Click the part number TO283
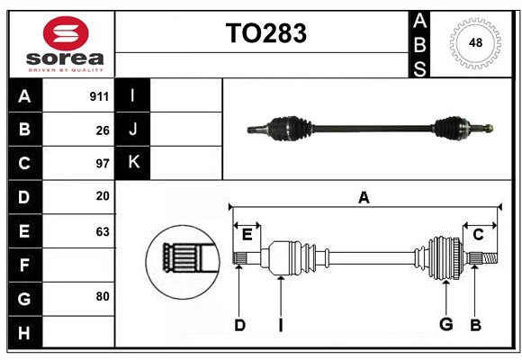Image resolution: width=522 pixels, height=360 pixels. pos(265,33)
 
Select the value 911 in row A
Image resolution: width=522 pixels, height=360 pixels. pos(99,96)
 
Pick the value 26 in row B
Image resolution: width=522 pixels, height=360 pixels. pos(103,130)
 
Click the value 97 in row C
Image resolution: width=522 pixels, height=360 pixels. pos(103,164)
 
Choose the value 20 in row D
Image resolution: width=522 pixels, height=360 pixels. pos(103,196)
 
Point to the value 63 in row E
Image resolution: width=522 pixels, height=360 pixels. pos(103,231)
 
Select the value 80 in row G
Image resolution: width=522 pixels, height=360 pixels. pos(103,296)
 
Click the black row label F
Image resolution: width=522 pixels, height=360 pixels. pos(24,265)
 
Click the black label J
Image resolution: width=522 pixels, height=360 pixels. pos(133,130)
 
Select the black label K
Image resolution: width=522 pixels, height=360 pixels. pos(133,163)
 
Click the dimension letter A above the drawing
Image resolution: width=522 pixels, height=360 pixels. pos(364,198)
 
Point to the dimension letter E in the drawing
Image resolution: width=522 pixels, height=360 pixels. pos(247,235)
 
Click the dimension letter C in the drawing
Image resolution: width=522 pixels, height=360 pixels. pos(479,235)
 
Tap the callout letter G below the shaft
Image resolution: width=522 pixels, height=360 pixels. pos(445,324)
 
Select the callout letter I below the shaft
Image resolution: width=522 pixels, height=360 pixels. pos(280,324)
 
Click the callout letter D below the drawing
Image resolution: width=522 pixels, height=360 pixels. pos(239,324)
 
